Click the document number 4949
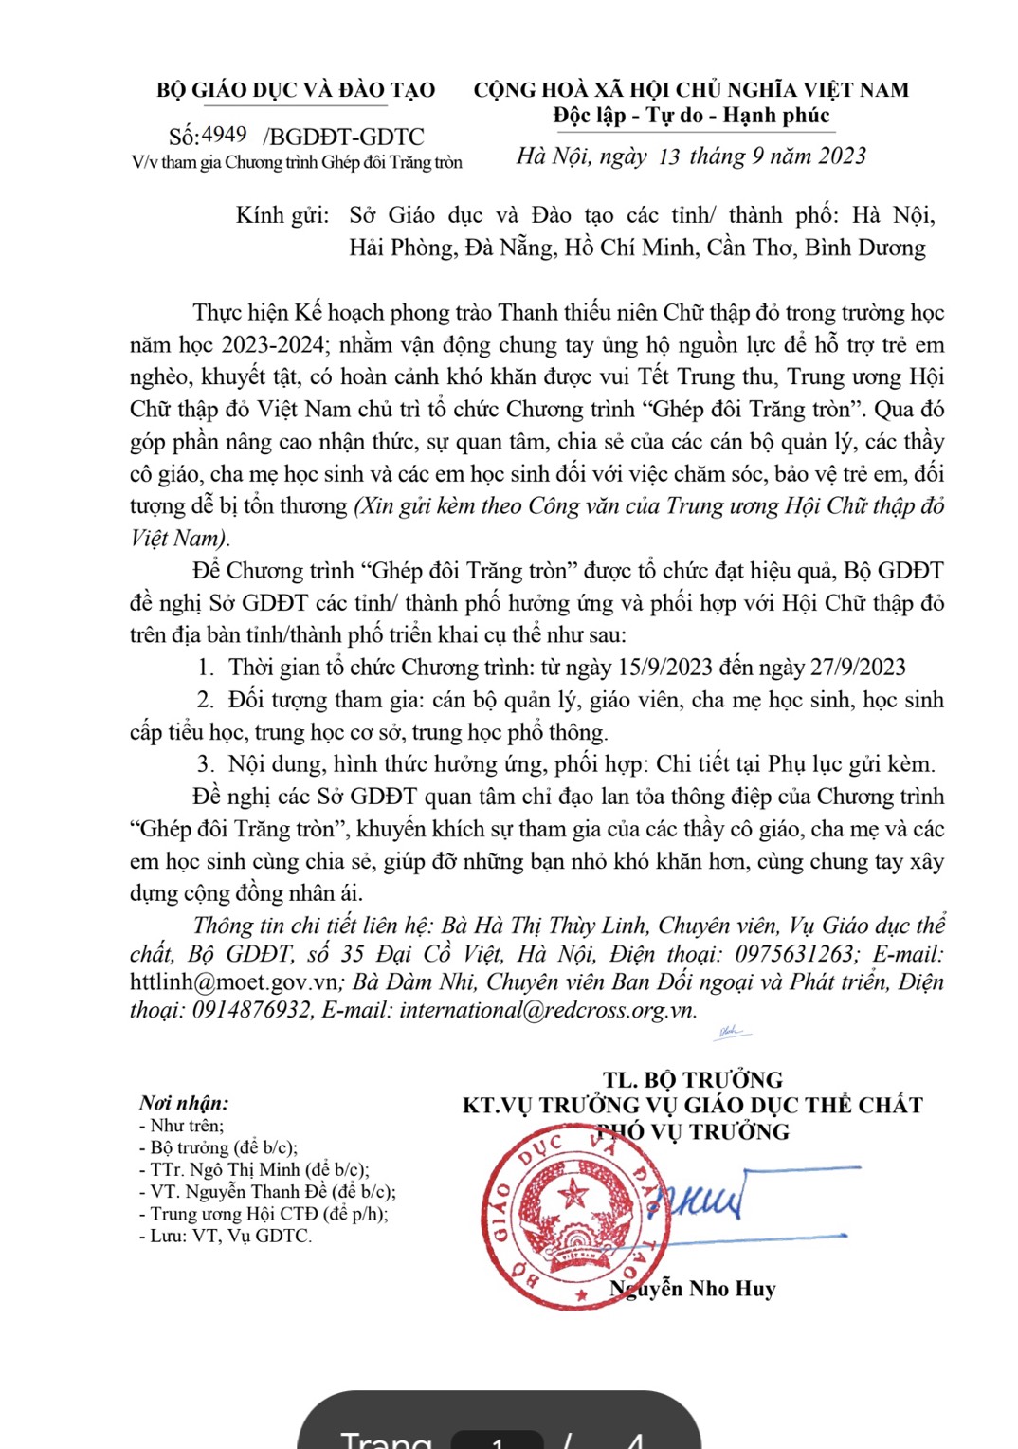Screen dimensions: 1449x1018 coord(224,135)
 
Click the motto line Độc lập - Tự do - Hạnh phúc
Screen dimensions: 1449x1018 coord(691,116)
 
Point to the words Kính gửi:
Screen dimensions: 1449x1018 coord(282,215)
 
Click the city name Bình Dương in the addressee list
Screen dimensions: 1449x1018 coord(864,248)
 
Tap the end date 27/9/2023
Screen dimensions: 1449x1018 coord(858,667)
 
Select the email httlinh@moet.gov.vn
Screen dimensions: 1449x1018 coord(233,982)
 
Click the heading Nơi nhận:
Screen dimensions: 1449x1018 coord(184,1102)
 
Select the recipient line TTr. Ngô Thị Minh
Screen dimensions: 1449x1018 coord(259,1169)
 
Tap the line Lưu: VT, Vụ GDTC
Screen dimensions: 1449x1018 coord(229,1236)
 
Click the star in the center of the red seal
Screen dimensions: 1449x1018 coord(573,1193)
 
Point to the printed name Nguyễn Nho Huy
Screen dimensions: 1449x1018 coord(693,1288)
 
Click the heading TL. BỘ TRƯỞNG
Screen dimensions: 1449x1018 coord(692,1079)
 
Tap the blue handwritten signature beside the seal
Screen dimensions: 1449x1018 coord(706,1200)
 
